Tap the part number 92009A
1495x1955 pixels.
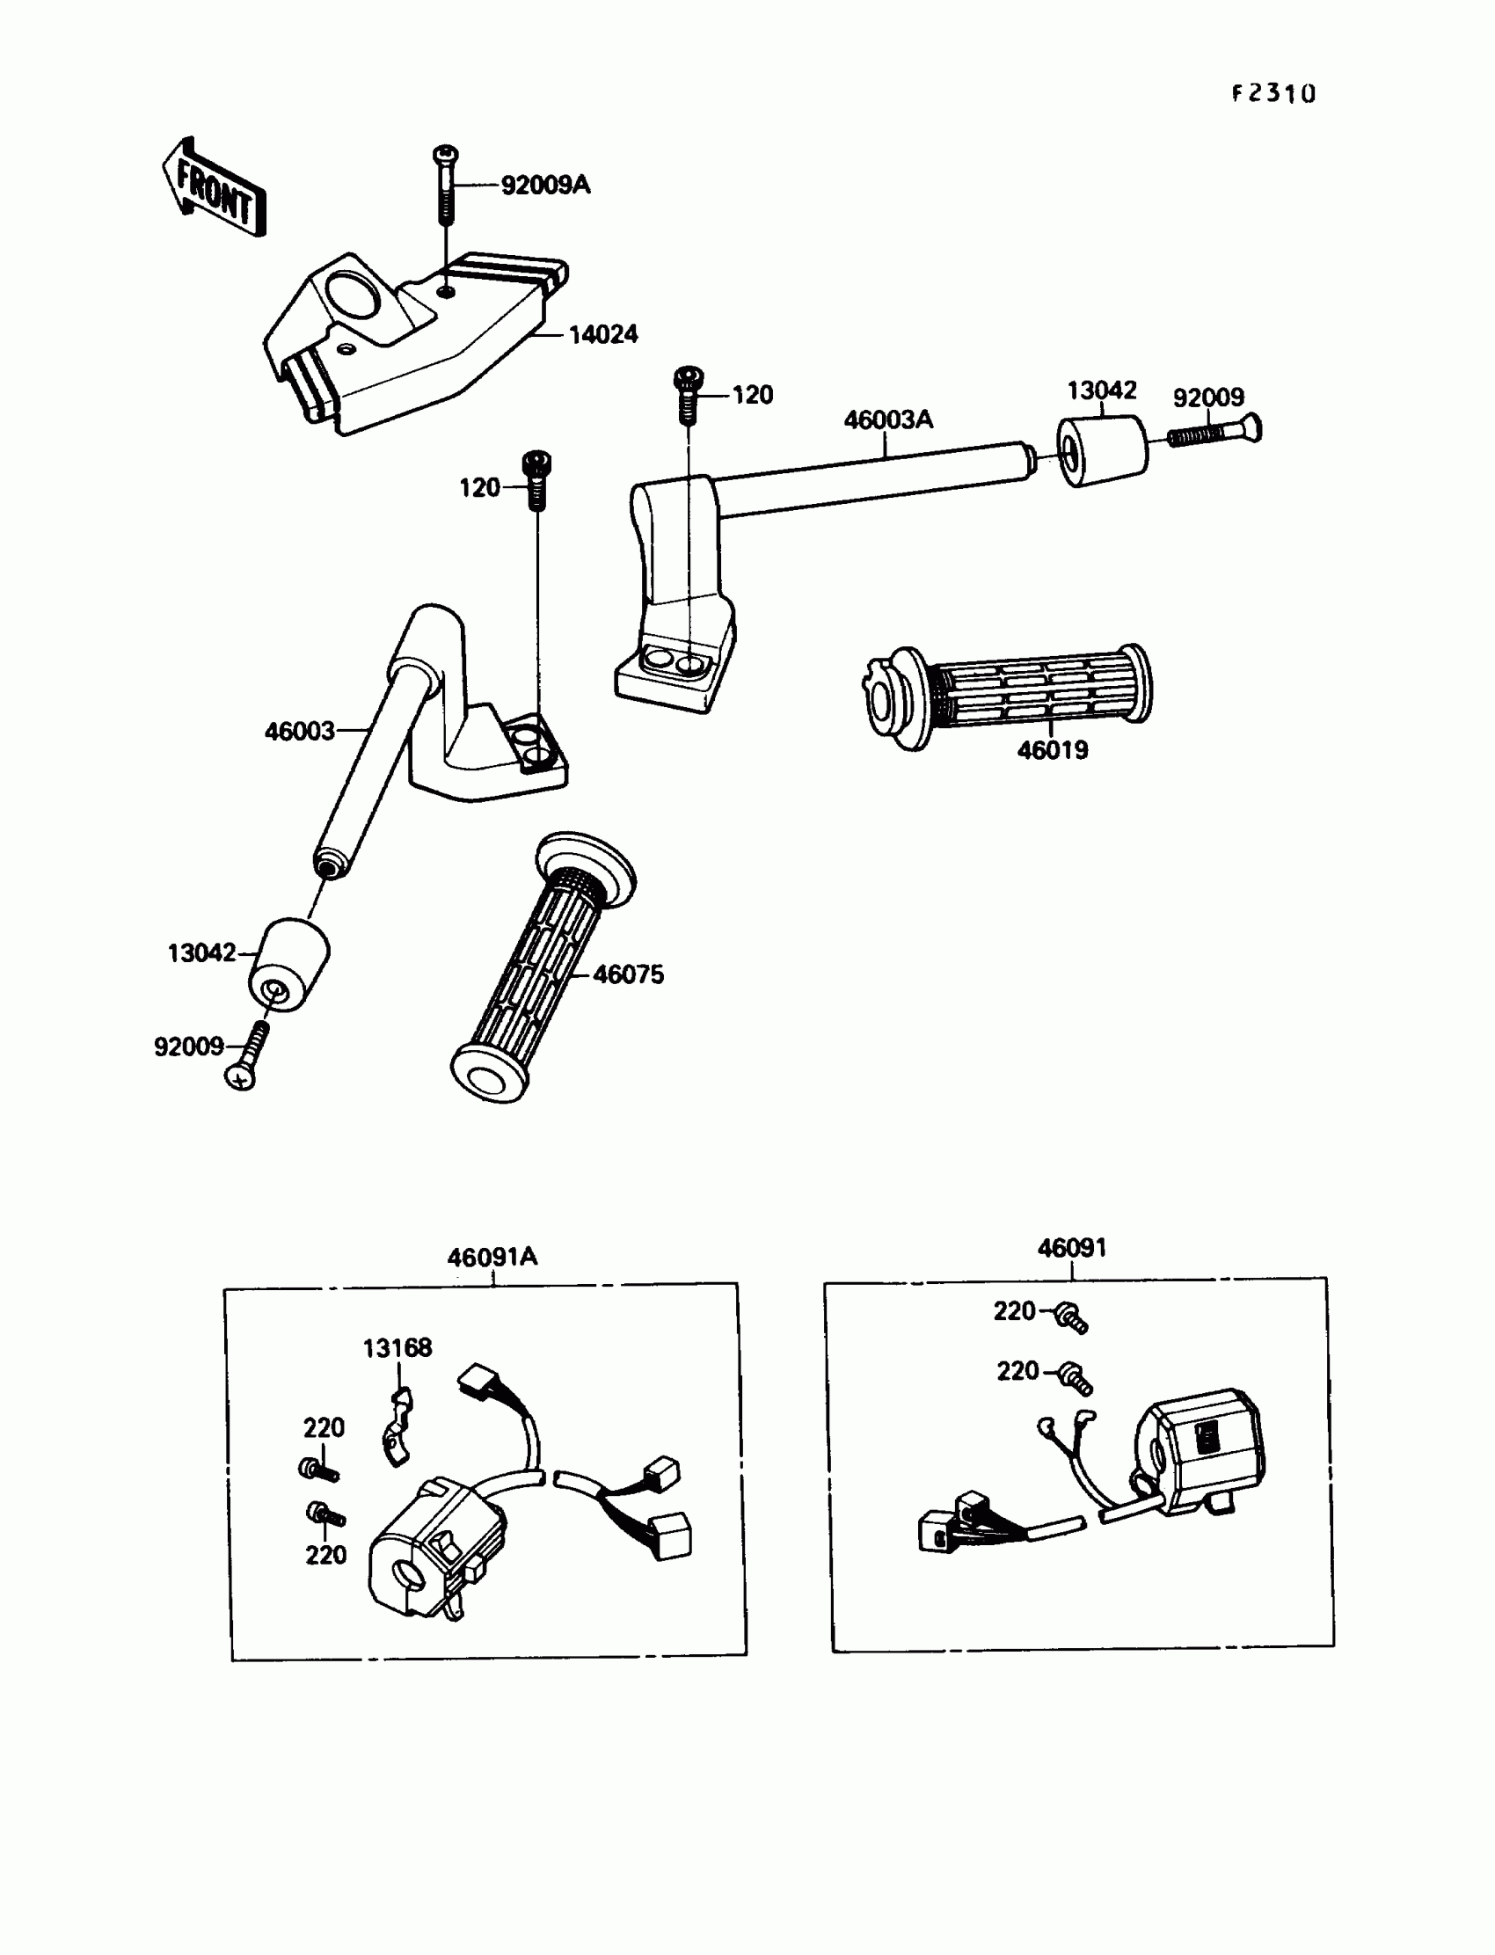(x=545, y=185)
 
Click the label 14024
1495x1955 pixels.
(x=603, y=334)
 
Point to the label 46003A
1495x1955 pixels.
(x=887, y=419)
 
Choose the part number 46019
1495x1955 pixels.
(x=1053, y=750)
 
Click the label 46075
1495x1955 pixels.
(x=628, y=974)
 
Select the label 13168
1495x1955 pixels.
(x=397, y=1348)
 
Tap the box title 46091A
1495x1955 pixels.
(x=492, y=1258)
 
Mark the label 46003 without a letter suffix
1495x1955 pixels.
(x=299, y=732)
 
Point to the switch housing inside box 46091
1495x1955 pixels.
(x=1198, y=1455)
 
